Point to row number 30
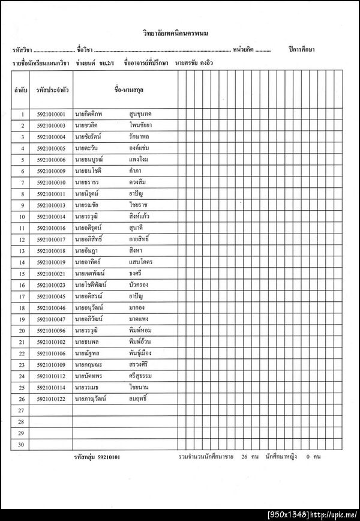click(22, 444)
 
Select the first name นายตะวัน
click(86, 148)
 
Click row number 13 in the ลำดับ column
click(22, 251)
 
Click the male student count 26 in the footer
click(245, 457)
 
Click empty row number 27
click(22, 410)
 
